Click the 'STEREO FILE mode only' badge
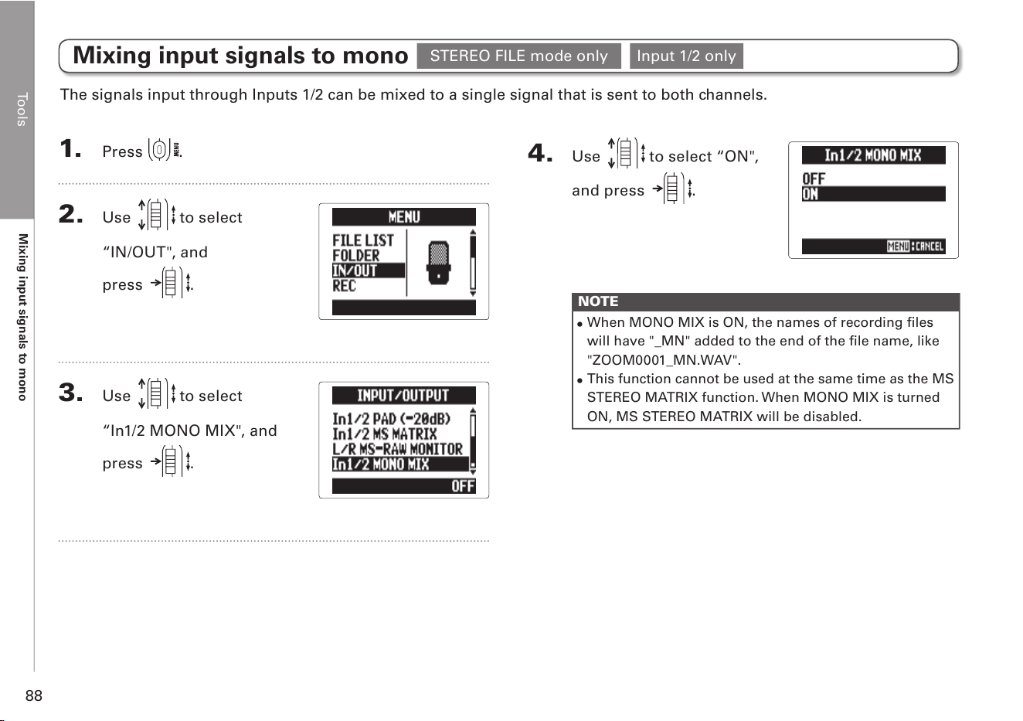[518, 56]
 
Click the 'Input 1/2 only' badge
[686, 56]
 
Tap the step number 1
[70, 149]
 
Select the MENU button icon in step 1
[164, 149]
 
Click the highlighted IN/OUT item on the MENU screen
[368, 270]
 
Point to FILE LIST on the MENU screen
[362, 240]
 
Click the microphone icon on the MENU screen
[438, 263]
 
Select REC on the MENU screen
[344, 286]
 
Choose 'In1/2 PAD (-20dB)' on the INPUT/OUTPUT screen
[392, 419]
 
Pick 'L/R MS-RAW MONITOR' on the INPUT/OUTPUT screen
[397, 449]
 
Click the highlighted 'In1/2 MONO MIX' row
[400, 464]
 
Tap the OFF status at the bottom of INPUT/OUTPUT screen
[463, 486]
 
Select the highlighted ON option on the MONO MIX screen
[873, 194]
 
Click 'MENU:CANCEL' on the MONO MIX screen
[916, 247]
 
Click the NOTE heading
[598, 301]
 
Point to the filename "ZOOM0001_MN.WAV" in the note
[664, 360]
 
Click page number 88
[34, 695]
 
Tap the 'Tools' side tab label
[22, 110]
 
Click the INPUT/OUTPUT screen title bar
[404, 395]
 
